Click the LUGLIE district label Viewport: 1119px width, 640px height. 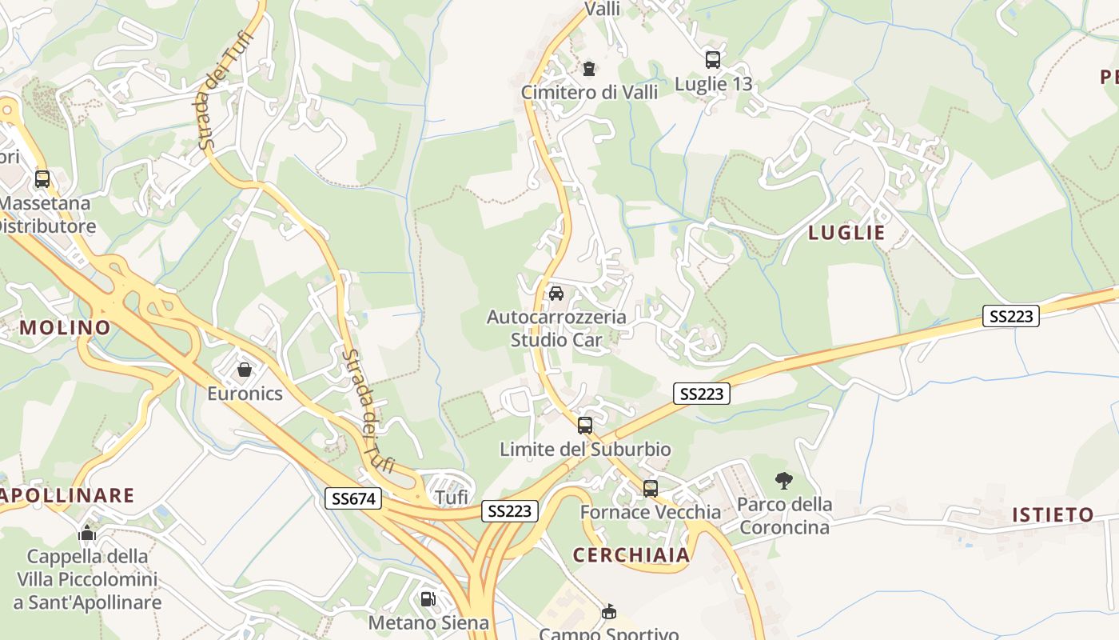[x=846, y=233]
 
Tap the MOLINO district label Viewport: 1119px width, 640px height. [x=65, y=327]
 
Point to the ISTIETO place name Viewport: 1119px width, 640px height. [x=1053, y=514]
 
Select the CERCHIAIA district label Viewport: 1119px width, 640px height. [x=631, y=554]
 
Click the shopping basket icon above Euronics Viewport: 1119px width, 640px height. [x=245, y=370]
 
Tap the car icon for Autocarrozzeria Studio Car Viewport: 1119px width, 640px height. [x=556, y=294]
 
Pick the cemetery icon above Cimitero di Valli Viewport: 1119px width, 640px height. [x=589, y=69]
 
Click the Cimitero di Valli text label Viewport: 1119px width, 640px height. [x=589, y=92]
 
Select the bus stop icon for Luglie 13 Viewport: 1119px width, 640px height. [x=712, y=59]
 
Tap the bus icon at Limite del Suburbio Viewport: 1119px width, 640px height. [x=585, y=426]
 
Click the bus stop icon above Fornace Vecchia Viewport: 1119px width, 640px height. [x=651, y=488]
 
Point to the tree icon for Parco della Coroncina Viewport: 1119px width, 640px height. [x=784, y=481]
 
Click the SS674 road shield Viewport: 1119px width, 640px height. [x=354, y=499]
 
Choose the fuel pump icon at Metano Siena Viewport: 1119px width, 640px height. [x=428, y=598]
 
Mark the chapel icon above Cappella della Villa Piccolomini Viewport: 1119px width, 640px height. [x=87, y=533]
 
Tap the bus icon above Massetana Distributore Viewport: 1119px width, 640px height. [x=42, y=179]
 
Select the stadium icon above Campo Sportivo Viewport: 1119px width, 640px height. [x=609, y=612]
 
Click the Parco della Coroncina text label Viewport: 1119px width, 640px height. [x=784, y=516]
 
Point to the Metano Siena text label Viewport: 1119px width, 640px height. [x=428, y=622]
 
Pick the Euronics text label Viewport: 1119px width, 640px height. [x=245, y=394]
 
